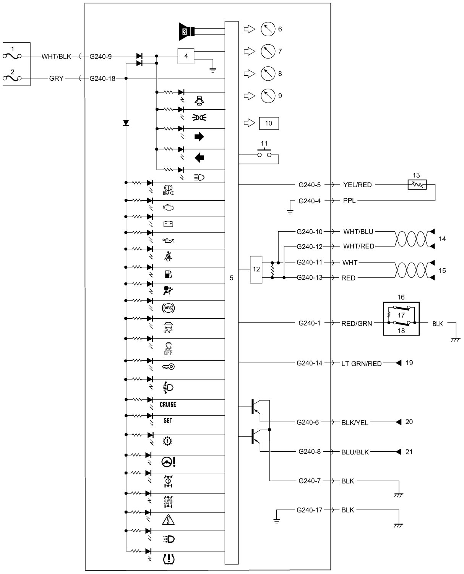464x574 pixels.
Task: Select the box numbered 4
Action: (186, 56)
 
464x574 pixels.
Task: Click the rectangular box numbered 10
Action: (269, 123)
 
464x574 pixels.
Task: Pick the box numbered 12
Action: (256, 269)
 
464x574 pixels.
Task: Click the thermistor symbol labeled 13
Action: (416, 185)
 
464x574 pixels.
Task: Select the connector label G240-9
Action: (101, 56)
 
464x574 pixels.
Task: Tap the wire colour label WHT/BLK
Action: (57, 56)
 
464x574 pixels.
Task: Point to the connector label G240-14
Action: (309, 363)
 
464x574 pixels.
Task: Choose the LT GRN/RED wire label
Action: (361, 363)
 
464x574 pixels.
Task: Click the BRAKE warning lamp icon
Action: (168, 190)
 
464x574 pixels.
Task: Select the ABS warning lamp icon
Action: (168, 308)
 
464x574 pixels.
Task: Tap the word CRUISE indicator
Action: (168, 404)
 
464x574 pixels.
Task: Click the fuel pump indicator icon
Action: (168, 274)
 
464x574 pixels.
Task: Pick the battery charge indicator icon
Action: (168, 224)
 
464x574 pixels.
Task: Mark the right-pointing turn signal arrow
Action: (199, 136)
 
